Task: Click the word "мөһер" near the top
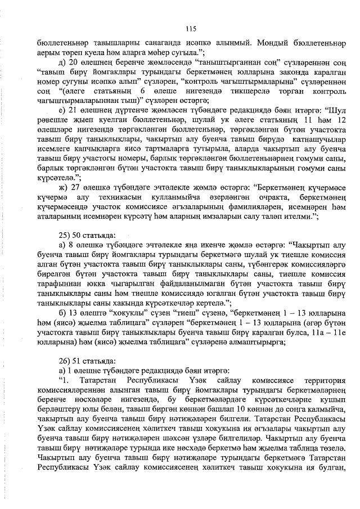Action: (145, 52)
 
